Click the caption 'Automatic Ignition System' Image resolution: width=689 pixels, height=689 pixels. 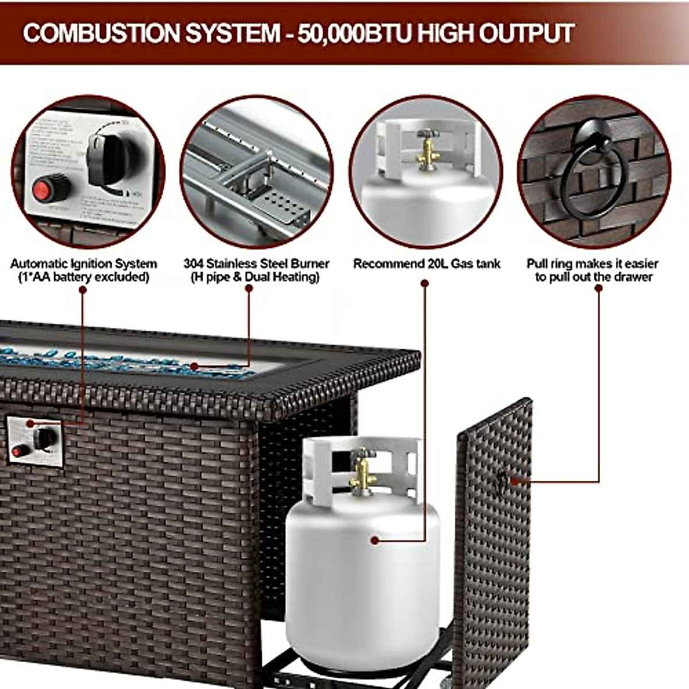coord(83,264)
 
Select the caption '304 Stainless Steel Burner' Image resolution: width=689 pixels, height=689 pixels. coord(256,264)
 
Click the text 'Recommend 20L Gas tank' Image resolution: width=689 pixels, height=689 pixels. coord(426,264)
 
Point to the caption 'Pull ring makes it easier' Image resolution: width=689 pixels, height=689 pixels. coord(593,264)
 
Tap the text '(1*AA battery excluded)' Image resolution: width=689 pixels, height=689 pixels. coord(83,277)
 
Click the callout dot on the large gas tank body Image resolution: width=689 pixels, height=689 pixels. coord(375,540)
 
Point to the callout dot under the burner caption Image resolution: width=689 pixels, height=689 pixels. coord(249,289)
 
